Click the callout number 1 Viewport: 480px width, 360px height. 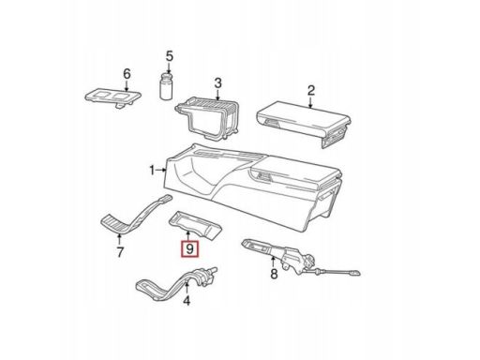click(152, 171)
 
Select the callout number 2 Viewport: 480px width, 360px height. click(311, 91)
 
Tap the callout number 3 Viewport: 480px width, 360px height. click(217, 83)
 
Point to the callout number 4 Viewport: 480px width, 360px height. click(187, 301)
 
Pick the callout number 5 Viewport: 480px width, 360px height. click(169, 56)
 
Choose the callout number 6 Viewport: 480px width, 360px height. click(127, 74)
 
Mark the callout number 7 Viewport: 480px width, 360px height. click(120, 252)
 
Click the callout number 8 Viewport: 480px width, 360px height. click(274, 274)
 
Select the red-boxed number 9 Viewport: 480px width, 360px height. click(189, 249)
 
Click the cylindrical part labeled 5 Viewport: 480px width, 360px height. click(166, 86)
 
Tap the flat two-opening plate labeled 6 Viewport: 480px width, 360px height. click(113, 97)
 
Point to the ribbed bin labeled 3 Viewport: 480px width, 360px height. click(207, 117)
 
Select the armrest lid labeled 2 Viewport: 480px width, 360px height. click(303, 122)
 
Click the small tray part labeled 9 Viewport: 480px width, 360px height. click(195, 224)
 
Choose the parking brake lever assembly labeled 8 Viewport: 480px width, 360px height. click(300, 259)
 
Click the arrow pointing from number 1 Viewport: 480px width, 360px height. click(161, 170)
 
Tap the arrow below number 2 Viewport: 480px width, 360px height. click(310, 103)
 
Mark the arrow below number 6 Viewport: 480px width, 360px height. click(127, 86)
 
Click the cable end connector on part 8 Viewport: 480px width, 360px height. click(354, 273)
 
